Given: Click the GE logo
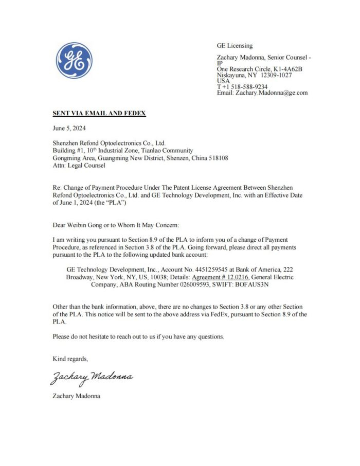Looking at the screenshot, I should (74, 61).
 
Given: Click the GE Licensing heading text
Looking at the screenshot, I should (235, 46).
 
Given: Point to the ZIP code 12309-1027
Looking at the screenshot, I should (275, 75).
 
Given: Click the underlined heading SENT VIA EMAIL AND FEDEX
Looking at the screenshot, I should (99, 113).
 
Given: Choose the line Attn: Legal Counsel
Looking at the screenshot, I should (79, 166).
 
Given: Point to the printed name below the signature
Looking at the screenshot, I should (77, 396).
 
